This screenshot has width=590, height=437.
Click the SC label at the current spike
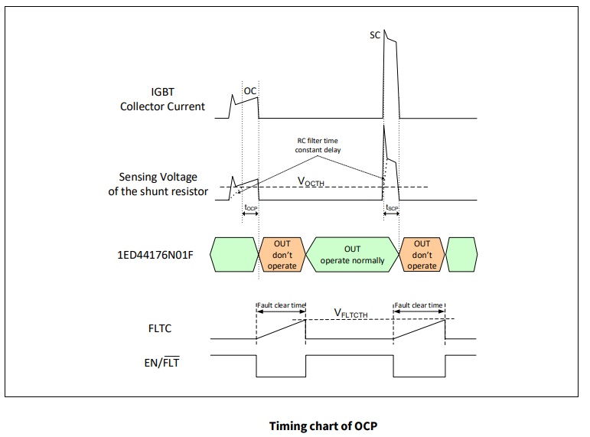(375, 35)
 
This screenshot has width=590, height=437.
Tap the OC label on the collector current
(249, 90)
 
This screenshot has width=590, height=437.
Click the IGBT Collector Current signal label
(162, 99)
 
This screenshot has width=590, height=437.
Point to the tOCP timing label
(249, 207)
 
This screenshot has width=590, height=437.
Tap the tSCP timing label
(391, 207)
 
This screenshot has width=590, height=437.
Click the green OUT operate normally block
(352, 255)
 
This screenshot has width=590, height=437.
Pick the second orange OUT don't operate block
(422, 255)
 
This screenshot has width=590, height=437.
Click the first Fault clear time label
(281, 305)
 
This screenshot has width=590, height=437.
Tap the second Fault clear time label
(419, 305)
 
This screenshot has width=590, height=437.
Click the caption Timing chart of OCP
(323, 426)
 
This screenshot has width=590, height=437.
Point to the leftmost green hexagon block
(233, 255)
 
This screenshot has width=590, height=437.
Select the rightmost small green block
(462, 255)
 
